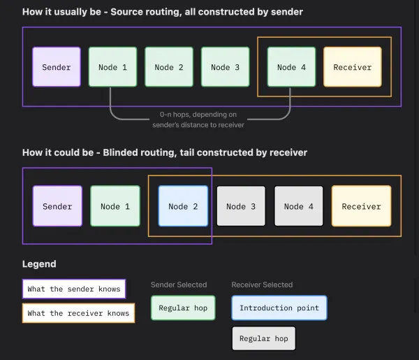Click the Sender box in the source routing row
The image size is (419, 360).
57,67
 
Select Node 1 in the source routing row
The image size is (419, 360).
112,67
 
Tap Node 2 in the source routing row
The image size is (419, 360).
169,67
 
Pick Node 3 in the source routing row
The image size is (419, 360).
225,67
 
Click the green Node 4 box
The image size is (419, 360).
291,67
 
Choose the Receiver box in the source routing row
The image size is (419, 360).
352,67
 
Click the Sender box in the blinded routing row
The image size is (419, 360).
57,206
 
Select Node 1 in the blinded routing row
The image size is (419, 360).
115,206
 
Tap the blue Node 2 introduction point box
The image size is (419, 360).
183,206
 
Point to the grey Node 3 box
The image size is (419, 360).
241,206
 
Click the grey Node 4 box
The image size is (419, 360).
299,206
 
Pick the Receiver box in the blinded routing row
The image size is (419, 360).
361,206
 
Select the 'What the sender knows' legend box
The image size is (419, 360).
74,289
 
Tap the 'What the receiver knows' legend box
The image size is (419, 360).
78,313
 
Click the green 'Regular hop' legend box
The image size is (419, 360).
183,308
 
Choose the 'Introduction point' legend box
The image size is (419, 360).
279,308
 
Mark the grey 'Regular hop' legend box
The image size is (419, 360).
263,338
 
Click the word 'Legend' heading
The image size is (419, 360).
39,264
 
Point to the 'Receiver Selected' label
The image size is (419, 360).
262,285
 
